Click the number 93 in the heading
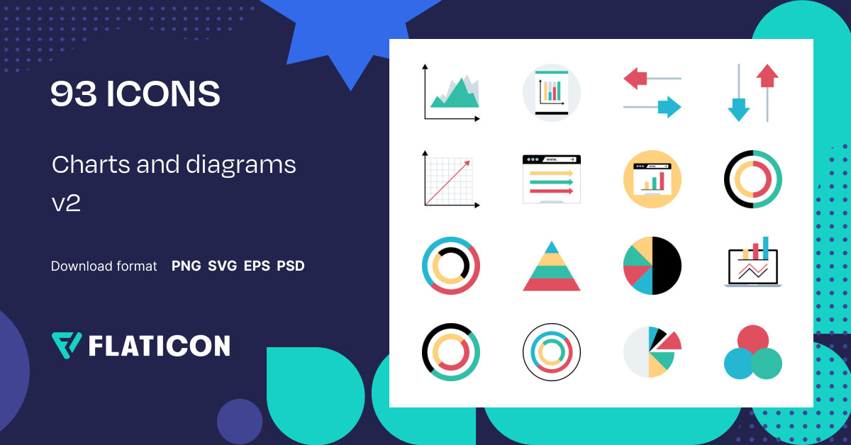[73, 94]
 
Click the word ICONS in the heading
[163, 94]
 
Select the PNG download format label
[186, 266]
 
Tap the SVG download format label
[223, 266]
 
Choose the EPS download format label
[257, 266]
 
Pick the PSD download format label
[291, 266]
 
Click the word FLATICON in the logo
[159, 346]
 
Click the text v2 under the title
[66, 203]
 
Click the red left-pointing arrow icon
[635, 78]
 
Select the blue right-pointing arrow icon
[669, 107]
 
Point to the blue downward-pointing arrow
[738, 110]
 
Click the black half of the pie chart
[667, 266]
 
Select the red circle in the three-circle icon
[753, 339]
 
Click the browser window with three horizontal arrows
[552, 179]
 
